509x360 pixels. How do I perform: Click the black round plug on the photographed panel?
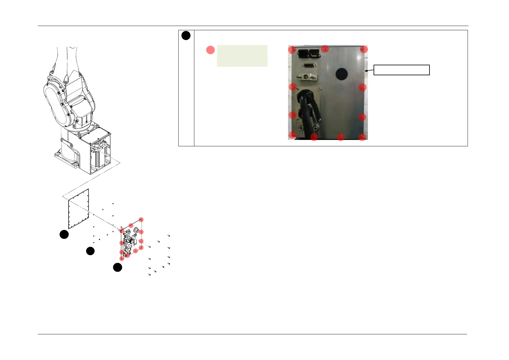click(x=342, y=73)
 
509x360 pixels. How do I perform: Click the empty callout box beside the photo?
click(x=401, y=70)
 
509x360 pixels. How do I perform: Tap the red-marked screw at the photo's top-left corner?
click(x=292, y=50)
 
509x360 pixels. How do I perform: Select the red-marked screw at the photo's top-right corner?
click(x=364, y=49)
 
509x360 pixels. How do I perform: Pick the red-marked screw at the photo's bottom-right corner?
click(x=362, y=137)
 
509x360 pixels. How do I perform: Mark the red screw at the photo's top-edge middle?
click(x=325, y=49)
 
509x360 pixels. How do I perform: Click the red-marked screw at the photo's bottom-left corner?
click(x=292, y=135)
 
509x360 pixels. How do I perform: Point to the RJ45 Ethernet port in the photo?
click(x=314, y=53)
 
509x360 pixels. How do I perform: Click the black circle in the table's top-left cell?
click(x=186, y=35)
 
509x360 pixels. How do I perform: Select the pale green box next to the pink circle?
click(x=242, y=56)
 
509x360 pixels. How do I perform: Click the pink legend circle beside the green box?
click(x=210, y=50)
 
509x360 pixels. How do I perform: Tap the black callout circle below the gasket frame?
click(x=64, y=235)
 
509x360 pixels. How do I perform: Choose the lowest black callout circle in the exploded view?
click(x=118, y=267)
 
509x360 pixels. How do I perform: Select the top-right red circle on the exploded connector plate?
click(x=141, y=220)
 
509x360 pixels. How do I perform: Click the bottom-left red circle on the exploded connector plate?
click(x=122, y=259)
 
